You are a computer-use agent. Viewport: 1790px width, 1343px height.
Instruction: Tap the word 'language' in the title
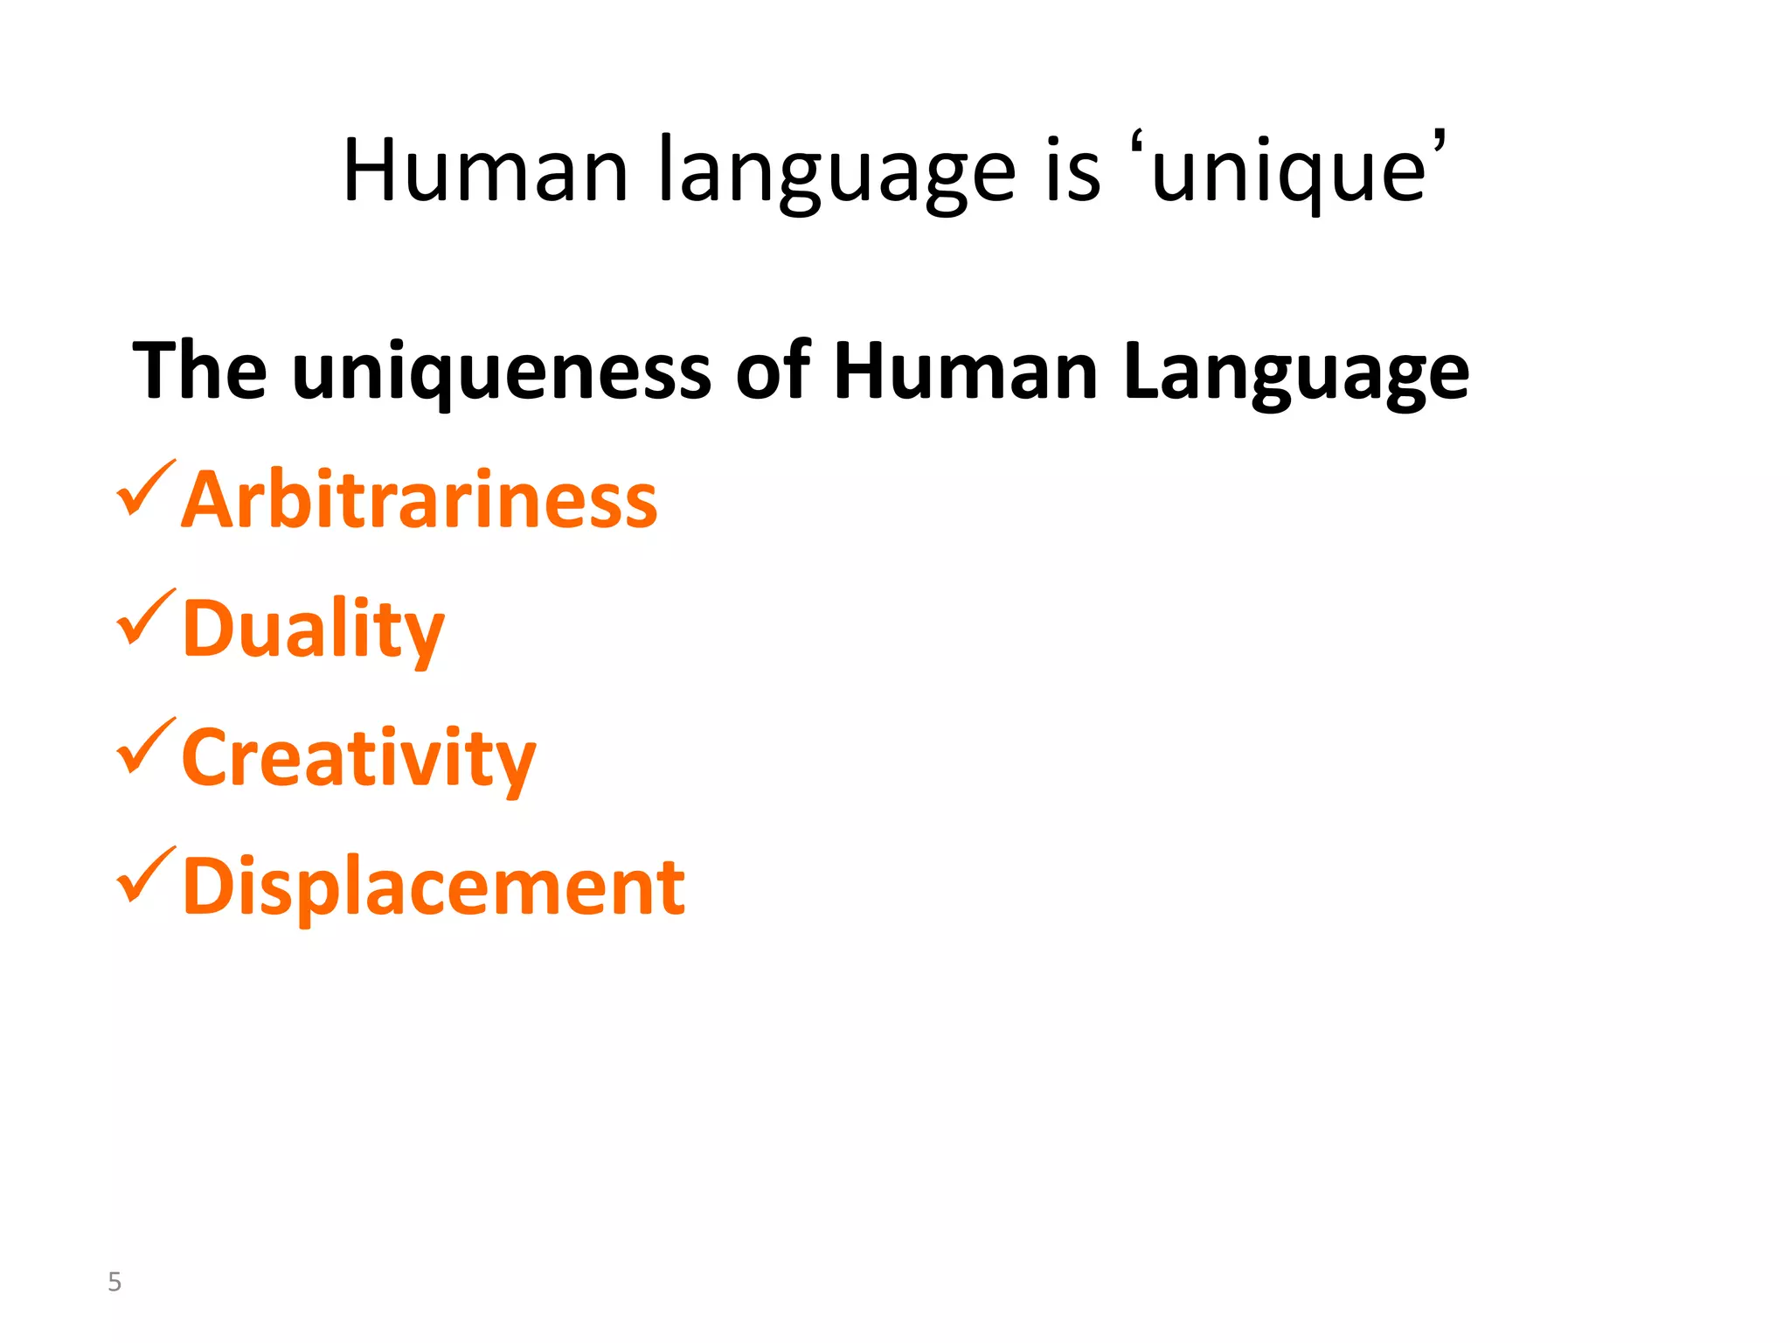(836, 173)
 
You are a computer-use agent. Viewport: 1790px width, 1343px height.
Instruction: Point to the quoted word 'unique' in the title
(1289, 173)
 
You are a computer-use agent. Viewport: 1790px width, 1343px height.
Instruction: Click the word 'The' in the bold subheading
(200, 371)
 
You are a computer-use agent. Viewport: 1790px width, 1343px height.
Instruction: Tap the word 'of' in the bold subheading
(774, 371)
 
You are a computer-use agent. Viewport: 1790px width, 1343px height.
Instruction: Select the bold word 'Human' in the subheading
(966, 371)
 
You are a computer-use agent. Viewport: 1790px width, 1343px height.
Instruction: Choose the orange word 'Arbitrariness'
(420, 499)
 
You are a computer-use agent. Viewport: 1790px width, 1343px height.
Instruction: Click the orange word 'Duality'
(314, 629)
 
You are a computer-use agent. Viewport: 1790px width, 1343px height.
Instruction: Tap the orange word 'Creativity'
(358, 758)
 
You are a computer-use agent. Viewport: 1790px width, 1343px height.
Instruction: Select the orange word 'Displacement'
(434, 887)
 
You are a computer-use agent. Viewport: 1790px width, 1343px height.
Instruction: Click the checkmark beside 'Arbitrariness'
(145, 489)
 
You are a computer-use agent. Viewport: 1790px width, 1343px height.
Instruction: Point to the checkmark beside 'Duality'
(145, 618)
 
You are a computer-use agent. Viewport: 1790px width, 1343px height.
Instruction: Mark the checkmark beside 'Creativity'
(145, 747)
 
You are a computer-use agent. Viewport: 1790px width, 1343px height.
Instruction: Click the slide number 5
(114, 1282)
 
